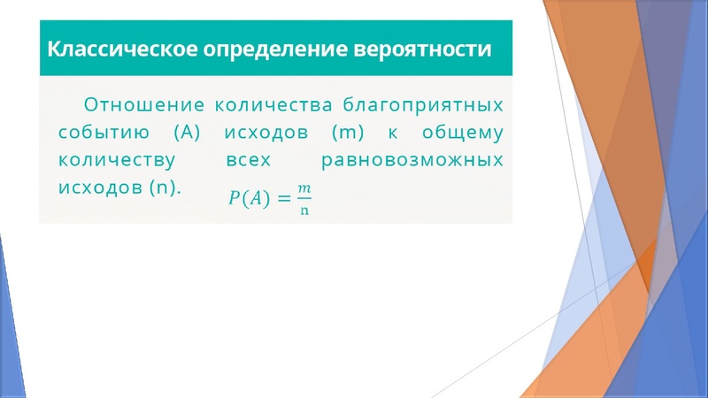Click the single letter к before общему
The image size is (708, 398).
coord(391,134)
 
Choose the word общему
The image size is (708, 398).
coord(463,134)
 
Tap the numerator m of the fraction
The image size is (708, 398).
coord(304,188)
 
